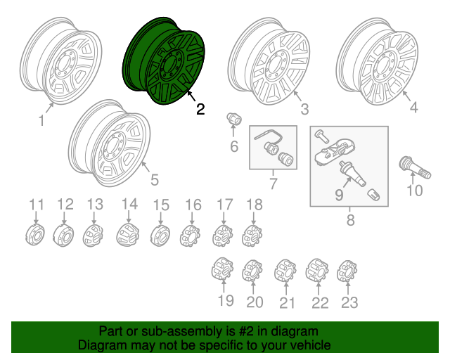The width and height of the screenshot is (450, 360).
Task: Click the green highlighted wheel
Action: (164, 61)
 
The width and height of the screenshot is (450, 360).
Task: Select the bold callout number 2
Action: (200, 109)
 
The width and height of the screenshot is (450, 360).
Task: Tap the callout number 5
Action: (155, 180)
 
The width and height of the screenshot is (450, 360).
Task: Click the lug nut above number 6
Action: (234, 120)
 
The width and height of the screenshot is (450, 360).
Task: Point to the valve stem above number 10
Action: (415, 167)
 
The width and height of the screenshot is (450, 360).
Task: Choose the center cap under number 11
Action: (34, 235)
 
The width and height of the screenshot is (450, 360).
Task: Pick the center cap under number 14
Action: (128, 234)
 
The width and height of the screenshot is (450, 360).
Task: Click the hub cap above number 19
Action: (222, 269)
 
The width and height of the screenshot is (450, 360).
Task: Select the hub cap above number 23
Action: (347, 271)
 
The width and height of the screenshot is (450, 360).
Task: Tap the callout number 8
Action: (350, 220)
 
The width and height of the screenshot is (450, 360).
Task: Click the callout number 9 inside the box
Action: (339, 195)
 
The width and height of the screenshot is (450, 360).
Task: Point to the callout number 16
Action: (193, 205)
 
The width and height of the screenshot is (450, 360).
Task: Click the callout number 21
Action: (287, 303)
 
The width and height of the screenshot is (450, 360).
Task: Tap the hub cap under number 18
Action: (252, 236)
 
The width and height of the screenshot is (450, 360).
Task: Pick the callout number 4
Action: (413, 108)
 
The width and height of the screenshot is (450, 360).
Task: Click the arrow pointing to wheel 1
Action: (50, 108)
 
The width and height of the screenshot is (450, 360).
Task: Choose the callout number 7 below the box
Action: (273, 184)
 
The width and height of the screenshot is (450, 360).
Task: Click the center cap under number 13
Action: (93, 235)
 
